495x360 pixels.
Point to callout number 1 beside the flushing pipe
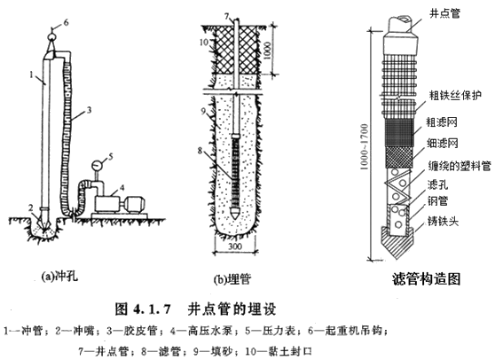pyautogui.click(x=31, y=78)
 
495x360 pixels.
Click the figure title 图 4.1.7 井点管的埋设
pyautogui.click(x=197, y=310)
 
